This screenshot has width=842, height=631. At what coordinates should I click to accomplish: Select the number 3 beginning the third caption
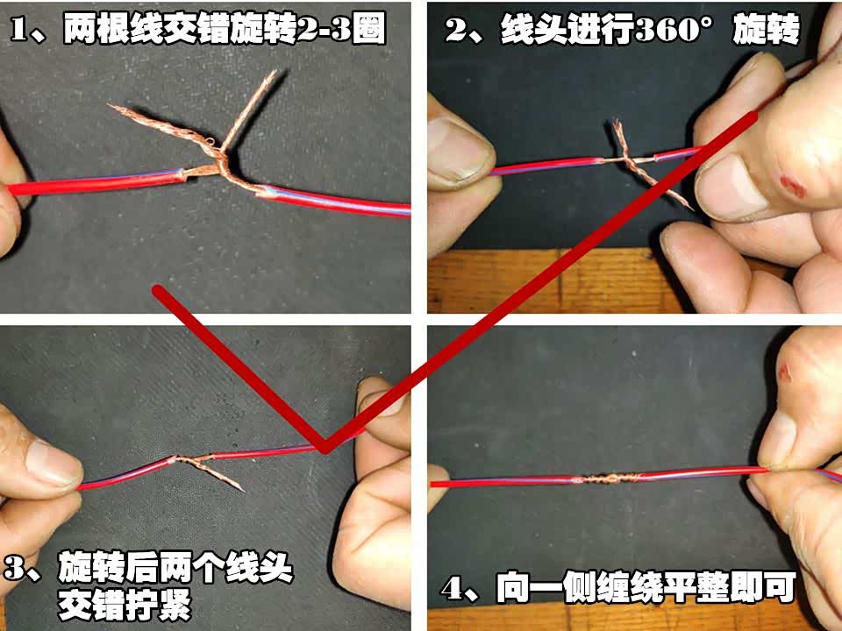(x=15, y=569)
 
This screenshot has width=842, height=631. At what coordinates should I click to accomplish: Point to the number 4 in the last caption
(x=453, y=589)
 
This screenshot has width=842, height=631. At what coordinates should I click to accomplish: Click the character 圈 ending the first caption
(x=369, y=30)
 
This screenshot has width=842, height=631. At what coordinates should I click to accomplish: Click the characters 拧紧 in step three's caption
(x=158, y=606)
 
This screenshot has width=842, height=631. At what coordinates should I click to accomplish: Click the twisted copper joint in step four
(x=607, y=478)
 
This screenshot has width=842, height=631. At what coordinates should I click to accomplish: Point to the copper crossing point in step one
(x=220, y=161)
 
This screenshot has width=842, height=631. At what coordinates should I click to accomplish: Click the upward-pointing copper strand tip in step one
(x=275, y=72)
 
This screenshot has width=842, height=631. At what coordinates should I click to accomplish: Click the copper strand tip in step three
(x=242, y=489)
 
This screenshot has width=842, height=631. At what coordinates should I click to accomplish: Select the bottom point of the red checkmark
(x=324, y=450)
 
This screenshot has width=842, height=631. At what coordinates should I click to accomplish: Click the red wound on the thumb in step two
(x=793, y=186)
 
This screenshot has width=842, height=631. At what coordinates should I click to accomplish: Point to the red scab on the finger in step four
(x=785, y=372)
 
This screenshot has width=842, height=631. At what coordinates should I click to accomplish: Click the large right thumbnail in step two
(x=731, y=186)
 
